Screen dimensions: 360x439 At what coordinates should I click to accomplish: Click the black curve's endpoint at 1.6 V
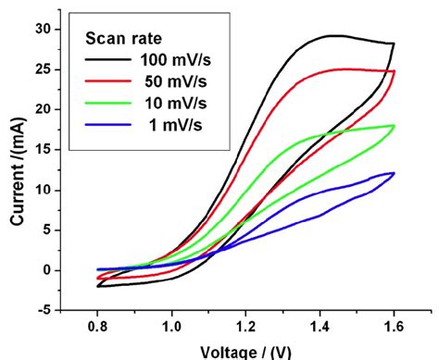(x=394, y=43)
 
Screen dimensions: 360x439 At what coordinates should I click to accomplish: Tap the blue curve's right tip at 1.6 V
(x=395, y=173)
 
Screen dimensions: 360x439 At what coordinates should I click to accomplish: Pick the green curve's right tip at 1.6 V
(x=395, y=126)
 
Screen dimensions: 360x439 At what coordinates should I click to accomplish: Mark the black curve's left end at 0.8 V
(x=97, y=286)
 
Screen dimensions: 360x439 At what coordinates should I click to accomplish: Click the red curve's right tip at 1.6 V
(x=395, y=71)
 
